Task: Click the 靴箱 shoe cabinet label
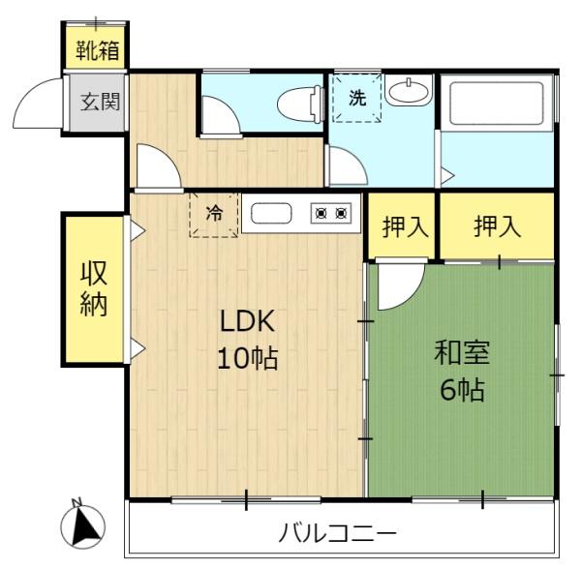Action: [x=98, y=50]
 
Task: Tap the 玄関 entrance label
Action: [x=101, y=102]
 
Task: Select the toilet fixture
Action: [x=300, y=105]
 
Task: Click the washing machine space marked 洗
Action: [x=357, y=98]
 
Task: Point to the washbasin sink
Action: [x=409, y=90]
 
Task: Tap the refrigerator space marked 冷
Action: [x=214, y=215]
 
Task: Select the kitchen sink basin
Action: [x=271, y=213]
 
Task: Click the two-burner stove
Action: [x=331, y=213]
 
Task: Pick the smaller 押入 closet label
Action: [x=406, y=226]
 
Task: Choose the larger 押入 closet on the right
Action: [x=498, y=225]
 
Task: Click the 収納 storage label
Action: [x=94, y=288]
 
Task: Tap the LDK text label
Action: [x=248, y=321]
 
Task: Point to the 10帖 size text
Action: [x=248, y=358]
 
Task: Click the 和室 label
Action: [x=462, y=352]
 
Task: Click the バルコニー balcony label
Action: [x=337, y=533]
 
